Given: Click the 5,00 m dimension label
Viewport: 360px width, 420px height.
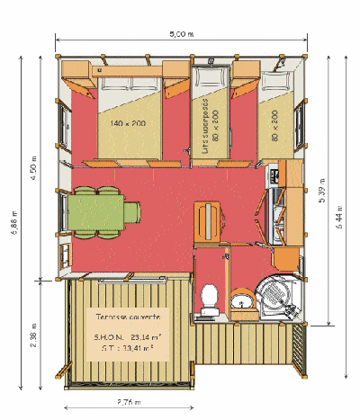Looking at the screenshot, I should [181, 34].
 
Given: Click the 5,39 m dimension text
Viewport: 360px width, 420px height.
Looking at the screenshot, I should [322, 209].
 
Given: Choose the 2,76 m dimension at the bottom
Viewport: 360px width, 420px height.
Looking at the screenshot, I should [129, 402].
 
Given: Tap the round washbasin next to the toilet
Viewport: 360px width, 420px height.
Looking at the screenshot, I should [240, 299].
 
